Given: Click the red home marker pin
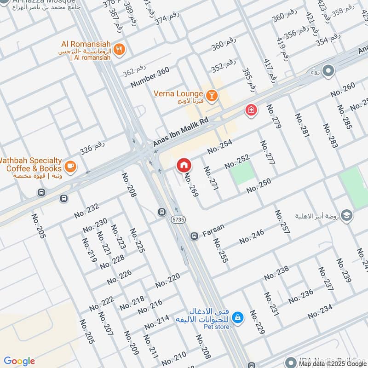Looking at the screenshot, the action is point(184,164).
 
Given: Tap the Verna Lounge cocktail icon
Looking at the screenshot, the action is point(212,95).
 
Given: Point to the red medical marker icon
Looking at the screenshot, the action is point(251,109).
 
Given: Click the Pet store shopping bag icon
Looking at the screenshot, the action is point(238,317).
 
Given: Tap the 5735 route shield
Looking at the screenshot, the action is point(178,220).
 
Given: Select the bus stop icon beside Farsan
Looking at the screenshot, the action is point(194,236).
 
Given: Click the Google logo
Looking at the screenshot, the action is point(19,361).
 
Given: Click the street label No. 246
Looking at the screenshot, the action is point(252,237).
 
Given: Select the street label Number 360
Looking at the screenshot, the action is point(150,77).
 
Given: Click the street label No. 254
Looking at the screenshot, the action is point(219,147).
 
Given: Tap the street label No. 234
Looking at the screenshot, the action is point(320,311).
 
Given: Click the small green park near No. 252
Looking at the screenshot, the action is point(242,173).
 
